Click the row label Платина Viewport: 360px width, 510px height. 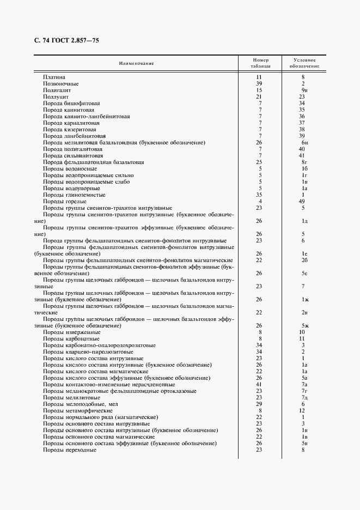(54, 77)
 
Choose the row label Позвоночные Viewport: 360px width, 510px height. (61, 84)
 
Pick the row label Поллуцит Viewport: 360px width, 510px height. (56, 96)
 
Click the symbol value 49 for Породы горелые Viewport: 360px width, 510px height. (302, 202)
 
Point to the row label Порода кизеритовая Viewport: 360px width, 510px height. (70, 130)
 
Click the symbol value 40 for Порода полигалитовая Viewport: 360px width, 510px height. (302, 149)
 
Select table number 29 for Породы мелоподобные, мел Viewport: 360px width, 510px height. (260, 404)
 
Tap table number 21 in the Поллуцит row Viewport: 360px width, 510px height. (260, 96)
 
